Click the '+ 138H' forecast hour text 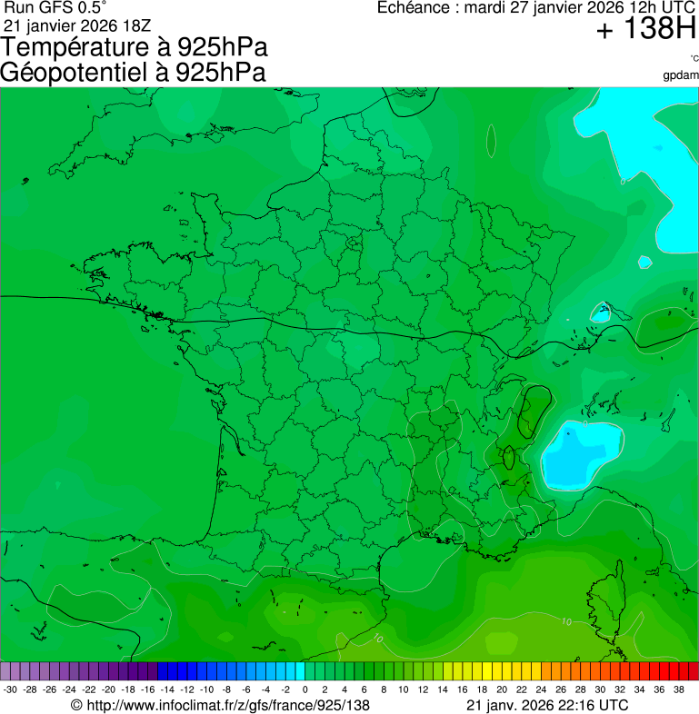(645, 31)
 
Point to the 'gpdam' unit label (681, 74)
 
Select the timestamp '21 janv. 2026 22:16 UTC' (546, 705)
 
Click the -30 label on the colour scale (10, 689)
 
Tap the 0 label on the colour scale (305, 689)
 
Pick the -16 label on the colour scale (148, 689)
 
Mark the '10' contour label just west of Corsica (566, 622)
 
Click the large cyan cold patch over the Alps (578, 451)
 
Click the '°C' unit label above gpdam (694, 59)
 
